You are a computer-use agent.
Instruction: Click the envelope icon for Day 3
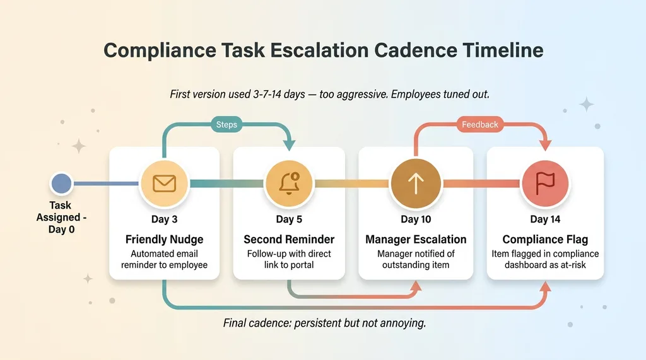click(x=164, y=183)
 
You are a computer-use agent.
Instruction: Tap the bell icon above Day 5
click(x=288, y=183)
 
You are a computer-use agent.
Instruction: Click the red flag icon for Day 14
click(x=545, y=183)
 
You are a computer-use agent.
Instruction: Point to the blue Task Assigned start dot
click(x=61, y=183)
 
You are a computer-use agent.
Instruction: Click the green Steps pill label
click(x=226, y=124)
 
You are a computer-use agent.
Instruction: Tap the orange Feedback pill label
click(x=479, y=124)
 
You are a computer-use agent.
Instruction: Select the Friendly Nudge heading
click(x=164, y=240)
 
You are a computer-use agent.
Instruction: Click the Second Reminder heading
click(x=289, y=240)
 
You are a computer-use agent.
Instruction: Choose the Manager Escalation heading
click(x=416, y=240)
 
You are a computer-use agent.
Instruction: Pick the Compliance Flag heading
click(x=545, y=240)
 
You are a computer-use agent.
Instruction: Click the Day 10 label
click(x=416, y=219)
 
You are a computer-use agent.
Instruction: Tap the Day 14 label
click(x=545, y=219)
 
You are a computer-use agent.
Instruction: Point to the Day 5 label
click(x=289, y=219)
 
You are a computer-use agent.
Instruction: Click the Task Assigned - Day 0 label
click(x=61, y=218)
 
